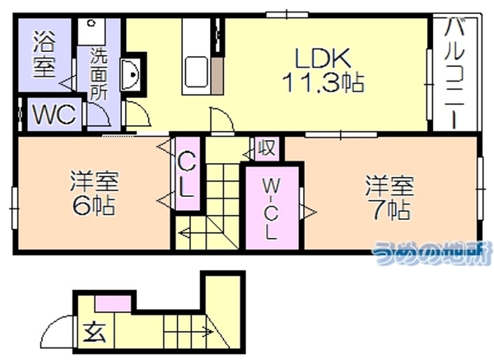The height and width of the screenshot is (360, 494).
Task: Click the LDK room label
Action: tap(323, 58)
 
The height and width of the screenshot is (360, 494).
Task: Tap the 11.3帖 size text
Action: tap(324, 82)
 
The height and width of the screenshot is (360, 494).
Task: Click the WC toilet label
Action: tap(54, 115)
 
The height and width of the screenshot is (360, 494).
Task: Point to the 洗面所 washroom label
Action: tap(99, 74)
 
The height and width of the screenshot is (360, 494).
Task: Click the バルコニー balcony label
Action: tap(454, 73)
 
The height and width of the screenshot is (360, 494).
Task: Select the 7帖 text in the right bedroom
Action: tap(391, 209)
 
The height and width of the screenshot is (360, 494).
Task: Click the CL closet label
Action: tap(187, 175)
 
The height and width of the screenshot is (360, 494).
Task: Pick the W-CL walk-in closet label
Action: tap(271, 208)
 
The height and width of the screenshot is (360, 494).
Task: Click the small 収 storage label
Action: tap(267, 147)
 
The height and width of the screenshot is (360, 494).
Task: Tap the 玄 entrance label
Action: tap(94, 332)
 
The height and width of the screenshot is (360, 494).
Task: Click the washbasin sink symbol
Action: tap(130, 75)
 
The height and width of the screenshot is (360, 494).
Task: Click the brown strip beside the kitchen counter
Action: tap(217, 76)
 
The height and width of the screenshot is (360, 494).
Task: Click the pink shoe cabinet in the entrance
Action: tap(113, 304)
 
